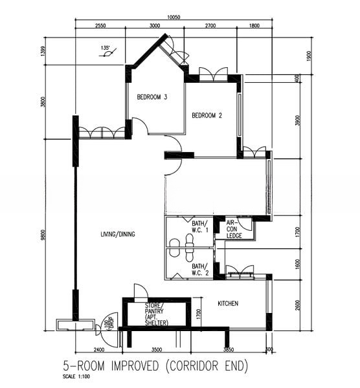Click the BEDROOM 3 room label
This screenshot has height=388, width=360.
point(152,98)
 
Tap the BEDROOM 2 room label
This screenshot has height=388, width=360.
point(207,116)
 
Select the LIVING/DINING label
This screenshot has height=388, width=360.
point(118,234)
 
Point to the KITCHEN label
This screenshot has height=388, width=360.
point(228,303)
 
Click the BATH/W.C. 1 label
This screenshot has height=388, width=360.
point(199,227)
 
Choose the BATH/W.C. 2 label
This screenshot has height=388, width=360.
point(199,268)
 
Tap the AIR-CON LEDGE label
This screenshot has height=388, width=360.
point(234,229)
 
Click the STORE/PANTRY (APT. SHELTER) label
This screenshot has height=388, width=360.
point(155,314)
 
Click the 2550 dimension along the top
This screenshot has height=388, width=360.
point(100,26)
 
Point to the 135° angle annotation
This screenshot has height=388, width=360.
point(106,48)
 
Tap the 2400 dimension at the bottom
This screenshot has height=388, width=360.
point(99,350)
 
